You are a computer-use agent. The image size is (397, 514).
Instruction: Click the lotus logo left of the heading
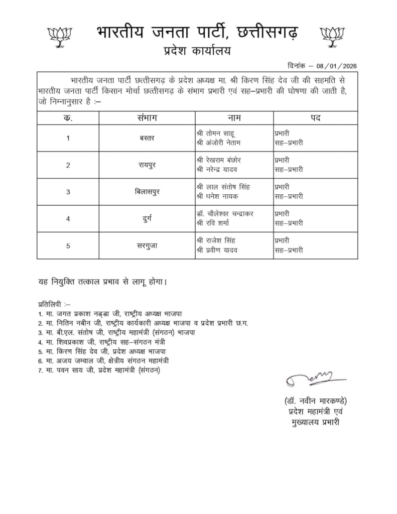[x=60, y=37]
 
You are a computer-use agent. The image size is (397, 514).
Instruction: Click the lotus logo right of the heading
[x=332, y=37]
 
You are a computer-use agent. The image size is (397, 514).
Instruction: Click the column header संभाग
[x=147, y=118]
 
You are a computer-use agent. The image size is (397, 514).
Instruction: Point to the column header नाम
[x=234, y=118]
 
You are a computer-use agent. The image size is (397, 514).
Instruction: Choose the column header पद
[x=316, y=118]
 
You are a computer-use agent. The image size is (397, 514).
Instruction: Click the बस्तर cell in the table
[x=147, y=138]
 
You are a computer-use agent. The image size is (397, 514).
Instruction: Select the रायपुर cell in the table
[x=147, y=165]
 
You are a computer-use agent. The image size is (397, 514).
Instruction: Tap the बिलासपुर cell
[x=147, y=192]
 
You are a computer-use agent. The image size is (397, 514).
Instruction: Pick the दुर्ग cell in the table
[x=147, y=219]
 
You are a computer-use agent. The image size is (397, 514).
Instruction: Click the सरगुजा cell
[x=147, y=246]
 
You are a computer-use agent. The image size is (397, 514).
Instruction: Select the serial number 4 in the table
[x=68, y=219]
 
